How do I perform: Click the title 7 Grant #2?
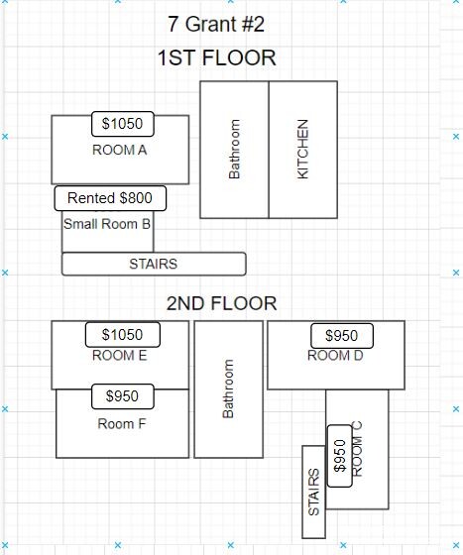(x=216, y=25)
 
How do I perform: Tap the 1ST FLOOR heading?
(x=217, y=57)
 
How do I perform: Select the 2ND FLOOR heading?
(x=222, y=303)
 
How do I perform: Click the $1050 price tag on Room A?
(x=123, y=124)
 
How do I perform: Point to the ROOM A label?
(x=120, y=150)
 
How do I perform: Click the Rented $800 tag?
(x=110, y=198)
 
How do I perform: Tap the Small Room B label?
(x=107, y=224)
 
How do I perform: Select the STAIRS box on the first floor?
(x=154, y=264)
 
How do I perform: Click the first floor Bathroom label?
(x=234, y=149)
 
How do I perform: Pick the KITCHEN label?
(x=302, y=149)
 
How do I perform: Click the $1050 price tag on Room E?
(x=123, y=335)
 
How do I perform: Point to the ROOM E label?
(x=120, y=356)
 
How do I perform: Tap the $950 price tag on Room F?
(x=123, y=396)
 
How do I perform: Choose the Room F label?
(x=122, y=424)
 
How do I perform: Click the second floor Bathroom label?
(x=228, y=388)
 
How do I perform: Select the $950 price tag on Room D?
(x=342, y=336)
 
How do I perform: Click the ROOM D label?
(x=335, y=356)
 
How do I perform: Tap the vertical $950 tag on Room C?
(x=340, y=456)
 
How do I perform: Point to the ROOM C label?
(x=357, y=449)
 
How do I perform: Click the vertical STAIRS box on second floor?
(x=313, y=492)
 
